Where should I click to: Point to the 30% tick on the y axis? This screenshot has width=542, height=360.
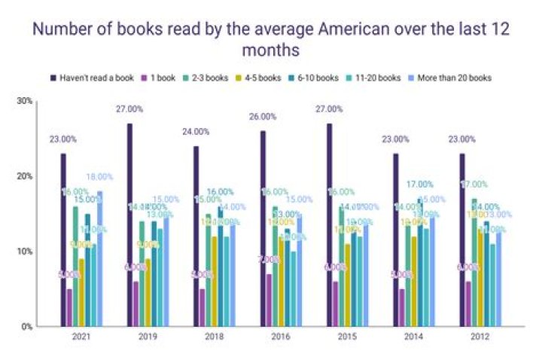(24, 101)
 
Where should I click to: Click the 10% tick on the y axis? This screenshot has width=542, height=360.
(24, 252)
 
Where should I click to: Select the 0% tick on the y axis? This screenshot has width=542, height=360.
(26, 327)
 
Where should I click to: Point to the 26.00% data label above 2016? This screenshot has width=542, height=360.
(259, 117)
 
